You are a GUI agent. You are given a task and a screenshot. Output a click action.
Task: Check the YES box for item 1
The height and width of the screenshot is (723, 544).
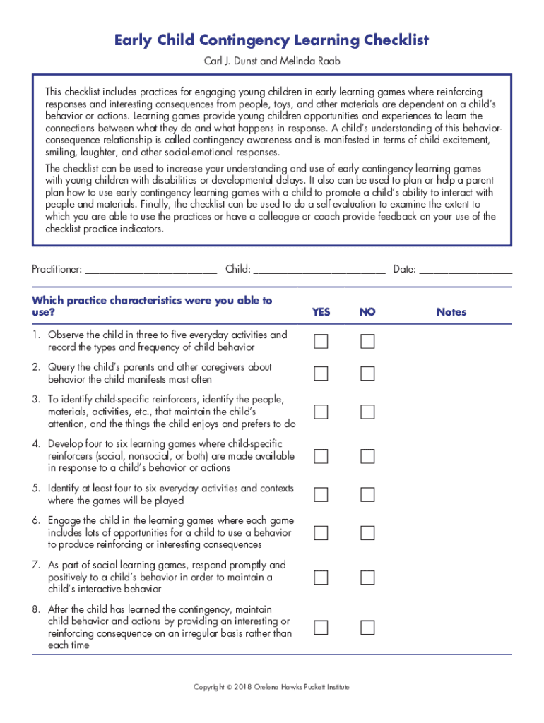pos(321,342)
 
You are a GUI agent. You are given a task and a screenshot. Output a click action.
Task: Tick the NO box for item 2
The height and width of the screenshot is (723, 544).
pos(367,374)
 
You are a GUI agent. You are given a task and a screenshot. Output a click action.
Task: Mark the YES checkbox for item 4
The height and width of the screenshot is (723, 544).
pos(321,456)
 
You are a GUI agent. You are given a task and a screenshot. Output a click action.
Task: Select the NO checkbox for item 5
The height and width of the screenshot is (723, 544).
pos(367,494)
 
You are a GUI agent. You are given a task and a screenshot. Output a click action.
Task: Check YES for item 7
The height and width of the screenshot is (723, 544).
pos(321,578)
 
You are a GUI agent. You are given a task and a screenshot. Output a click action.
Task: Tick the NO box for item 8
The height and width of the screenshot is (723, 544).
pos(367,627)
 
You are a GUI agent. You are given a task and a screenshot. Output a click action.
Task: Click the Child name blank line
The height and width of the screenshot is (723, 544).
pos(319,270)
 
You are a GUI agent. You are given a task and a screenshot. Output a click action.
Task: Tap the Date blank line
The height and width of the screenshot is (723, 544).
pos(466,270)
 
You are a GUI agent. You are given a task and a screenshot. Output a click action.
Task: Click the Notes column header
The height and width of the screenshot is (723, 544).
pos(451,312)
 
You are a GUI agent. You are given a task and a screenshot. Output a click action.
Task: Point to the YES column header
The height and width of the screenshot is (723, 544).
pos(321,312)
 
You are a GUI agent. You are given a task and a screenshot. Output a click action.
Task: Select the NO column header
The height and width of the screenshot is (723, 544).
pos(367,312)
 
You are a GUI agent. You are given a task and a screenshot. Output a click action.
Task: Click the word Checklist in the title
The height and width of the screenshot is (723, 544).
pos(389,40)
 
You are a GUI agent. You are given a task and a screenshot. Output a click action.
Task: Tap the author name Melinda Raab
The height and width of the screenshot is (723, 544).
pos(311,61)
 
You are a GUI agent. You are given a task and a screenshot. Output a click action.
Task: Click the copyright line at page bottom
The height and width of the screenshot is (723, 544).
pos(272,687)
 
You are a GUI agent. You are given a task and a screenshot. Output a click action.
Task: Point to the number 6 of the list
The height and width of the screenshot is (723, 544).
pos(35,520)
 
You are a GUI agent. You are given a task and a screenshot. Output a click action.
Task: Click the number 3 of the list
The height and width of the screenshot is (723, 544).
pos(35,400)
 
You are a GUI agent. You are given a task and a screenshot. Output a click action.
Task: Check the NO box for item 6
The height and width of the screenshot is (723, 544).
pos(367,532)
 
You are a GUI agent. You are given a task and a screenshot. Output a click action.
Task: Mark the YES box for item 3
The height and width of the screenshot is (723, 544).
pos(321,412)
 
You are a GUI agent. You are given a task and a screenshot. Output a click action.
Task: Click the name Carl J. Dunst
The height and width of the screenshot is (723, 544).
pos(229,61)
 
